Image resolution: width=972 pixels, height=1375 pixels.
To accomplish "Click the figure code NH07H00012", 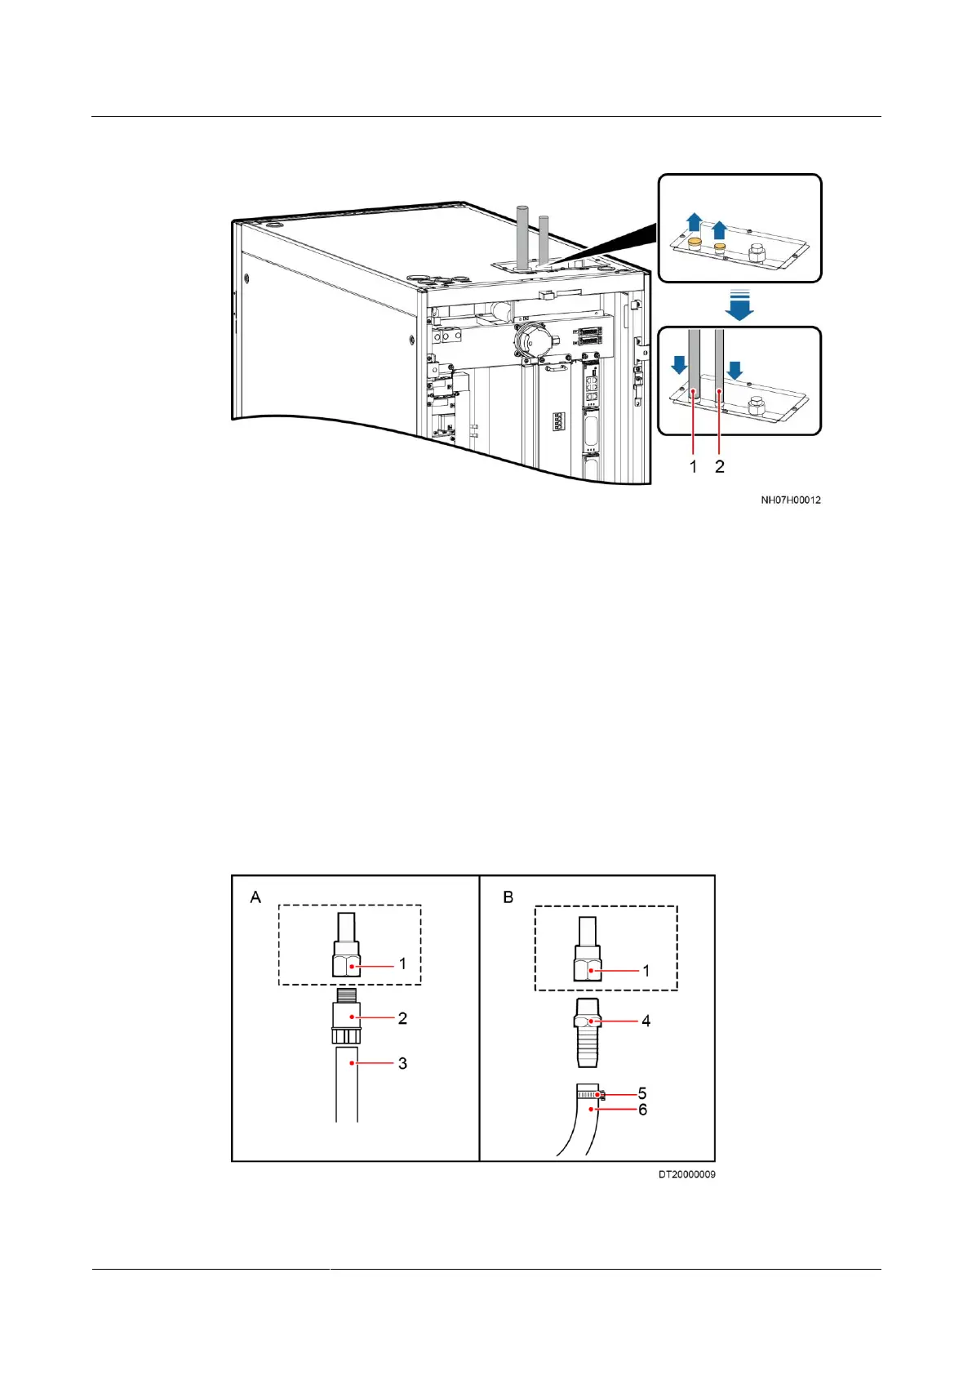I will click(x=790, y=500).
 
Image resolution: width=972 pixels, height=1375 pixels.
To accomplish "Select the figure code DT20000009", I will click(x=686, y=1174).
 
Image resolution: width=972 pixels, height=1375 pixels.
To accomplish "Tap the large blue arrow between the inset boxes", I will click(x=739, y=305).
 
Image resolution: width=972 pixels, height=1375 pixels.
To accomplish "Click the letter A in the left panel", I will click(x=255, y=897).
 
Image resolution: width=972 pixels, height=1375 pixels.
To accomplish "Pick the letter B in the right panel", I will click(x=508, y=897).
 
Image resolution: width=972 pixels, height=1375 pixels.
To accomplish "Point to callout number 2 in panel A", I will click(x=402, y=1018).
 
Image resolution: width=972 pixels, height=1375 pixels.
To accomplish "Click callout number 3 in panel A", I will click(x=402, y=1063).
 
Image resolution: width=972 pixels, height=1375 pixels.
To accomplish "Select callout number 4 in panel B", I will click(x=646, y=1021).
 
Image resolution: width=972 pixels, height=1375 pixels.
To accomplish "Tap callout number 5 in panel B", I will click(x=642, y=1093).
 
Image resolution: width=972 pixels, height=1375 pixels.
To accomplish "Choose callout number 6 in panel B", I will click(x=642, y=1110).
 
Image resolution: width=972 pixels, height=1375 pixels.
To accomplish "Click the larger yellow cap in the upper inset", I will click(x=695, y=243).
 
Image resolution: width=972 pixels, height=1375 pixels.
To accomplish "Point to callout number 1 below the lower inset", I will click(x=694, y=466).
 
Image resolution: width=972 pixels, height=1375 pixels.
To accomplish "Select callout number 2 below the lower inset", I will click(x=719, y=466).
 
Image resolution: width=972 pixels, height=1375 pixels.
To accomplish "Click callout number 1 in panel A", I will click(x=402, y=963).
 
